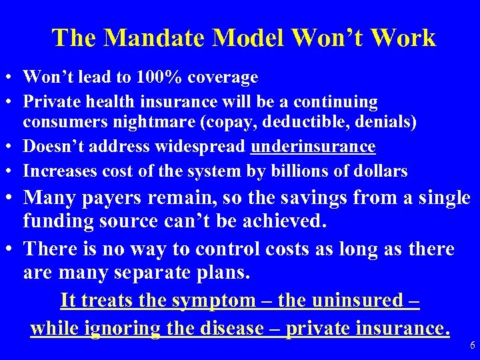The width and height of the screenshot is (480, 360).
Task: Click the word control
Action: pyautogui.click(x=221, y=249)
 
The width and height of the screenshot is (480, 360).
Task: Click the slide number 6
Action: pyautogui.click(x=472, y=345)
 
